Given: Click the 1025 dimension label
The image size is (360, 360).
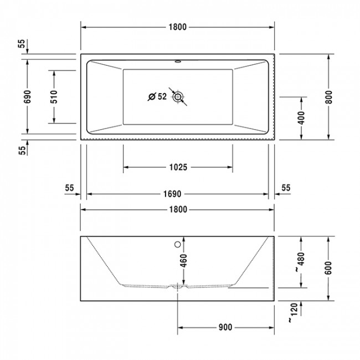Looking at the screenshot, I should [x=177, y=167].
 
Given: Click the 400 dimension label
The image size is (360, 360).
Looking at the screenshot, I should [x=301, y=117].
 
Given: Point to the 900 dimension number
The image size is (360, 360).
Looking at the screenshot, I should [x=224, y=327].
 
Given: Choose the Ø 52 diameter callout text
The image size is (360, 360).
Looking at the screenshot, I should [x=157, y=97].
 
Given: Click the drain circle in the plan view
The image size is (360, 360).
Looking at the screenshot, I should [x=178, y=97].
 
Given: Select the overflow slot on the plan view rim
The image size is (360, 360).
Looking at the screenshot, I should [x=178, y=61].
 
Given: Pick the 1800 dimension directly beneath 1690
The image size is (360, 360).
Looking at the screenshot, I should [x=177, y=209].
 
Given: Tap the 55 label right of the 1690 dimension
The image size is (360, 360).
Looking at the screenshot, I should [x=286, y=188].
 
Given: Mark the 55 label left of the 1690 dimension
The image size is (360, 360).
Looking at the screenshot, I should [x=69, y=188].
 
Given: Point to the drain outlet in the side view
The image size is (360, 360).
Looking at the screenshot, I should [x=178, y=287].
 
